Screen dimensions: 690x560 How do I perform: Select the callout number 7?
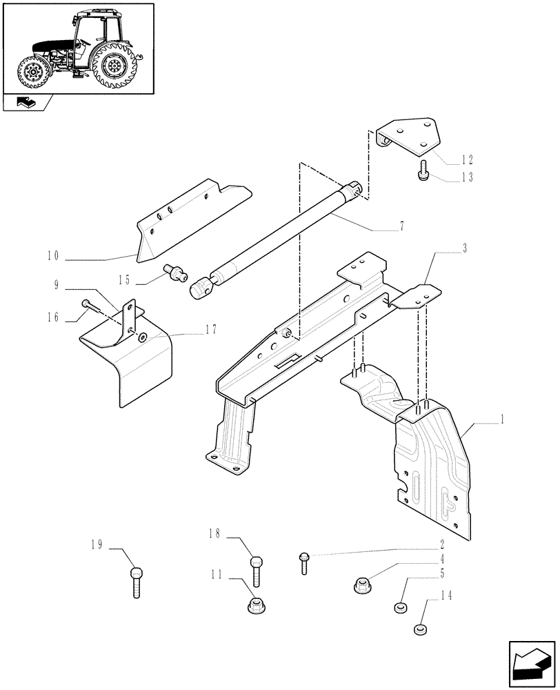[401, 226]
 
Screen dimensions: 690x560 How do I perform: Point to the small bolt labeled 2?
[303, 562]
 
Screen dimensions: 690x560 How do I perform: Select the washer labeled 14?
[418, 629]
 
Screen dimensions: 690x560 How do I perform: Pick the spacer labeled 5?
[399, 607]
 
